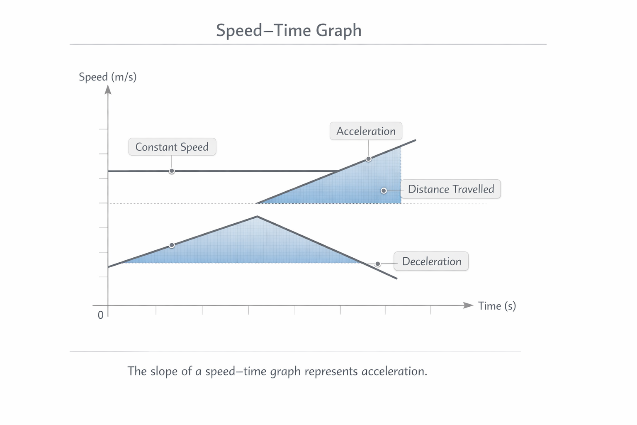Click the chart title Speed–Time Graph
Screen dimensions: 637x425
pos(289,30)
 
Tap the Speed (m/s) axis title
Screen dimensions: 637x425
pos(107,77)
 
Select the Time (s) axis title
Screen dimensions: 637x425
pos(497,306)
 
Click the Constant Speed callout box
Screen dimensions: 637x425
pos(172,147)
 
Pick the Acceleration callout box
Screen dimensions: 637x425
pos(366,131)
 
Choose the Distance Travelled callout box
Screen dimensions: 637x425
pos(451,189)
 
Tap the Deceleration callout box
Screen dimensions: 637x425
pos(431,261)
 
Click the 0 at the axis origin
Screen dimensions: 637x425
pos(101,315)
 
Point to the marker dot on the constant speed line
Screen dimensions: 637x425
pos(171,171)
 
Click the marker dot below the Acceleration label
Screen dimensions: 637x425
pos(369,159)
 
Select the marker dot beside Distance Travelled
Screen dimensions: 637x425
pos(384,191)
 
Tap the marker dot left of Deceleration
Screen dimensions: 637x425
pos(378,264)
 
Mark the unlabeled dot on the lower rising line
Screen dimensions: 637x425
pos(172,245)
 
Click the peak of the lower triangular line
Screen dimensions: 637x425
pos(257,217)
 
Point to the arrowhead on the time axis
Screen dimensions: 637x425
pos(468,305)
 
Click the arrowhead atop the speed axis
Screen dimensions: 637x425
pos(108,90)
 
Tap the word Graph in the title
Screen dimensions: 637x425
pos(338,30)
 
